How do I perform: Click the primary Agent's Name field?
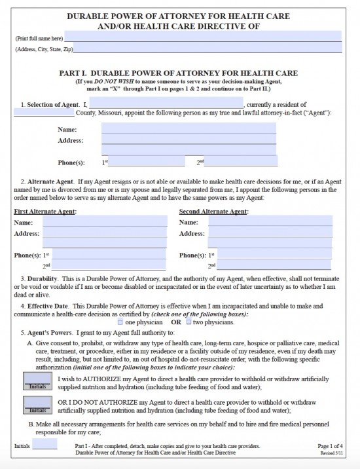tap(189, 128)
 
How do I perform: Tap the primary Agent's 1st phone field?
tap(147, 161)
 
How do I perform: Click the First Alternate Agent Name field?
tap(105, 222)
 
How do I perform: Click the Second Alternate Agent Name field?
tap(270, 222)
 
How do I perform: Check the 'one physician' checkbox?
tap(120, 322)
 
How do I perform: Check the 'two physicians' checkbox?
tap(189, 322)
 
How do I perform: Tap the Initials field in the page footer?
tap(45, 444)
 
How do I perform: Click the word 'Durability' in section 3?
tap(41, 278)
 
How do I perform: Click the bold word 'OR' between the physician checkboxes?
tap(176, 322)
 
